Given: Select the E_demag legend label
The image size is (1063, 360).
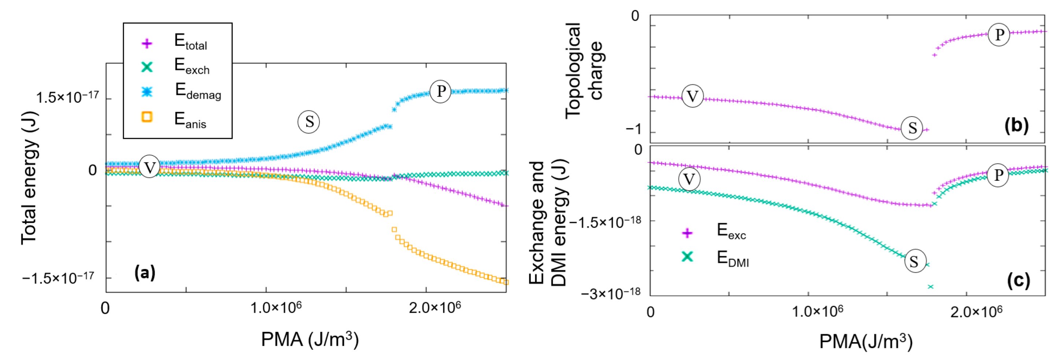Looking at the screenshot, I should pos(198,91).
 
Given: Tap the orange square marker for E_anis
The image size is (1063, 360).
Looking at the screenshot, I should pos(147,117).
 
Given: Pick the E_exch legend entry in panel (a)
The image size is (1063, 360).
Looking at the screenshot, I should pos(192,66).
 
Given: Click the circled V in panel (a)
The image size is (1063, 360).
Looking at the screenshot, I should pos(149,167).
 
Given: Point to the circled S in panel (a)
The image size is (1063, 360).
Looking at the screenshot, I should pos(309,122).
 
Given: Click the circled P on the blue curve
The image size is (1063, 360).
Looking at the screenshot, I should pos(440,91).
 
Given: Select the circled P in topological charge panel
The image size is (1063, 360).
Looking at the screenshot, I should pos(999,35).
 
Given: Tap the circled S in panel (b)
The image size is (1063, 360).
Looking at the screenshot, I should pos(912,128).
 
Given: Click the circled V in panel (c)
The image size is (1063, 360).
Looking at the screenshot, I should pos(689,179).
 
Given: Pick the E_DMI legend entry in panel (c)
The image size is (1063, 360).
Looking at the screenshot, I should pos(732,258).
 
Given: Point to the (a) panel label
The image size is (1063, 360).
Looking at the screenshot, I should pos(145,272).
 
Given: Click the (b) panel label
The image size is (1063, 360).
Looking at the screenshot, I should pos(1016,125).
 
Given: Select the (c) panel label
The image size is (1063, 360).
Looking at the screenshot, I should pos(1018,280).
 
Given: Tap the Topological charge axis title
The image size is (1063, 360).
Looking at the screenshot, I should pos(584,70).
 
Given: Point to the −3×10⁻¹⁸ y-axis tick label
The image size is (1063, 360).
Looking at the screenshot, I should pos(610,294).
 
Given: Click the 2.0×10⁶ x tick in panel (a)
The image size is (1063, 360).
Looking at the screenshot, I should pos(434,308).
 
